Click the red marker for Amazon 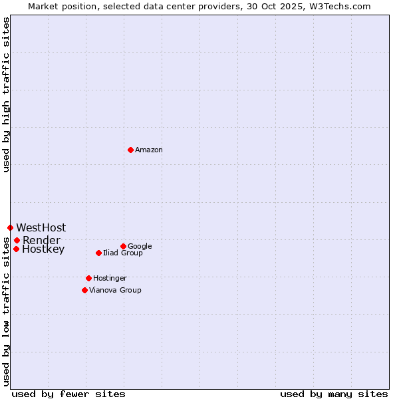coord(130,150)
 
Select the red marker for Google coord(123,246)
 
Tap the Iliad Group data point coord(98,253)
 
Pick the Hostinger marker coord(88,278)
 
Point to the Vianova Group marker coord(84,290)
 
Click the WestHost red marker coord(10,227)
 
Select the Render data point coord(17,240)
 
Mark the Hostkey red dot coord(16,249)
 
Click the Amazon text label coord(149,150)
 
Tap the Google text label coord(140,246)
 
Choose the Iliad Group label coord(123,253)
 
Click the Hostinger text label coord(110,278)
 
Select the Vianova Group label coord(115,290)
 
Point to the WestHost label coord(41,228)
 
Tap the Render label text coord(41,240)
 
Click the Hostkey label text coord(43,249)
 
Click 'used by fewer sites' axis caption coord(68,394)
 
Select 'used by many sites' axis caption coord(334,394)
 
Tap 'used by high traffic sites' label coord(6,94)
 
